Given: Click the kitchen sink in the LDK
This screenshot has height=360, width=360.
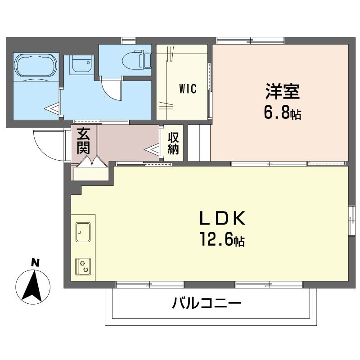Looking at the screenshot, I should coord(83,232).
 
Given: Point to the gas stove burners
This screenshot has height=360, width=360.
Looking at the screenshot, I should coord(83,267).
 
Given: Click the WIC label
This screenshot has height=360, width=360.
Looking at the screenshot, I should coord(188,89).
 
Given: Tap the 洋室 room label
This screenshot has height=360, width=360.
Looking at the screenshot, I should coord(282,92).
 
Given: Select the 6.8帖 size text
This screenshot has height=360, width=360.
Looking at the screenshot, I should coord(282,113).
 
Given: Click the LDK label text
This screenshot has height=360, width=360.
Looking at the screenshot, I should coord(222,219).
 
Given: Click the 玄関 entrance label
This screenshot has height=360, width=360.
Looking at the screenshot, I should coord(83,141).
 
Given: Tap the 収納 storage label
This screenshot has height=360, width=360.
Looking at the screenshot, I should coord(173,143).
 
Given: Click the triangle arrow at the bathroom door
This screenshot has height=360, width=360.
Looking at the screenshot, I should coord(54,108).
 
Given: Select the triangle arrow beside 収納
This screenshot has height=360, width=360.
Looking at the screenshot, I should coord(153,149).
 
